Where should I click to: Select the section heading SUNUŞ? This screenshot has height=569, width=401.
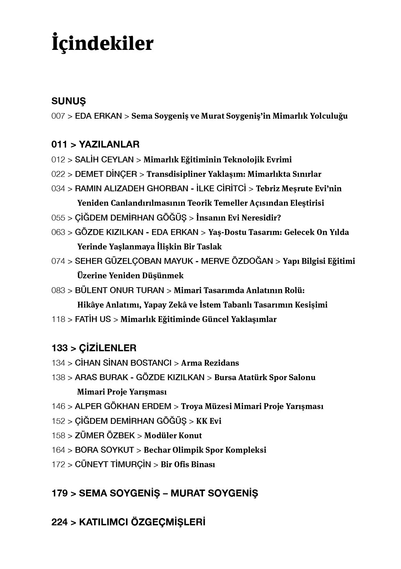pyautogui.click(x=68, y=101)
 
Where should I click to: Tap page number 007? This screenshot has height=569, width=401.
pyautogui.click(x=58, y=116)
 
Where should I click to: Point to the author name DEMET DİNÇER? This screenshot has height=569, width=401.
pyautogui.click(x=106, y=174)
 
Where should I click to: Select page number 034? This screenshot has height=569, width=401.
pyautogui.click(x=58, y=189)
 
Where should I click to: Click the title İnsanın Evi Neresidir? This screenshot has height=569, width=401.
pyautogui.click(x=239, y=218)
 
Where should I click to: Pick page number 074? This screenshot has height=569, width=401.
pyautogui.click(x=58, y=261)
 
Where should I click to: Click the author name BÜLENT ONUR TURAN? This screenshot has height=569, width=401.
pyautogui.click(x=119, y=290)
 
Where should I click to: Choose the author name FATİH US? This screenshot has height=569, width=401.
pyautogui.click(x=93, y=319)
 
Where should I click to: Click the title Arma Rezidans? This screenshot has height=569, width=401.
pyautogui.click(x=210, y=363)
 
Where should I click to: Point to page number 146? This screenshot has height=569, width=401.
pyautogui.click(x=58, y=406)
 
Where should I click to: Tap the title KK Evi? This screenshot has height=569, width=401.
pyautogui.click(x=209, y=421)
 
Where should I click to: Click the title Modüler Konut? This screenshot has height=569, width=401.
pyautogui.click(x=173, y=436)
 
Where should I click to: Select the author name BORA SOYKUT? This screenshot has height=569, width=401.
pyautogui.click(x=104, y=450)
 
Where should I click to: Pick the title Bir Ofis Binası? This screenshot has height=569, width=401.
pyautogui.click(x=188, y=464)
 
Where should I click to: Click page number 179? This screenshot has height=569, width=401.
pyautogui.click(x=60, y=493)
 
